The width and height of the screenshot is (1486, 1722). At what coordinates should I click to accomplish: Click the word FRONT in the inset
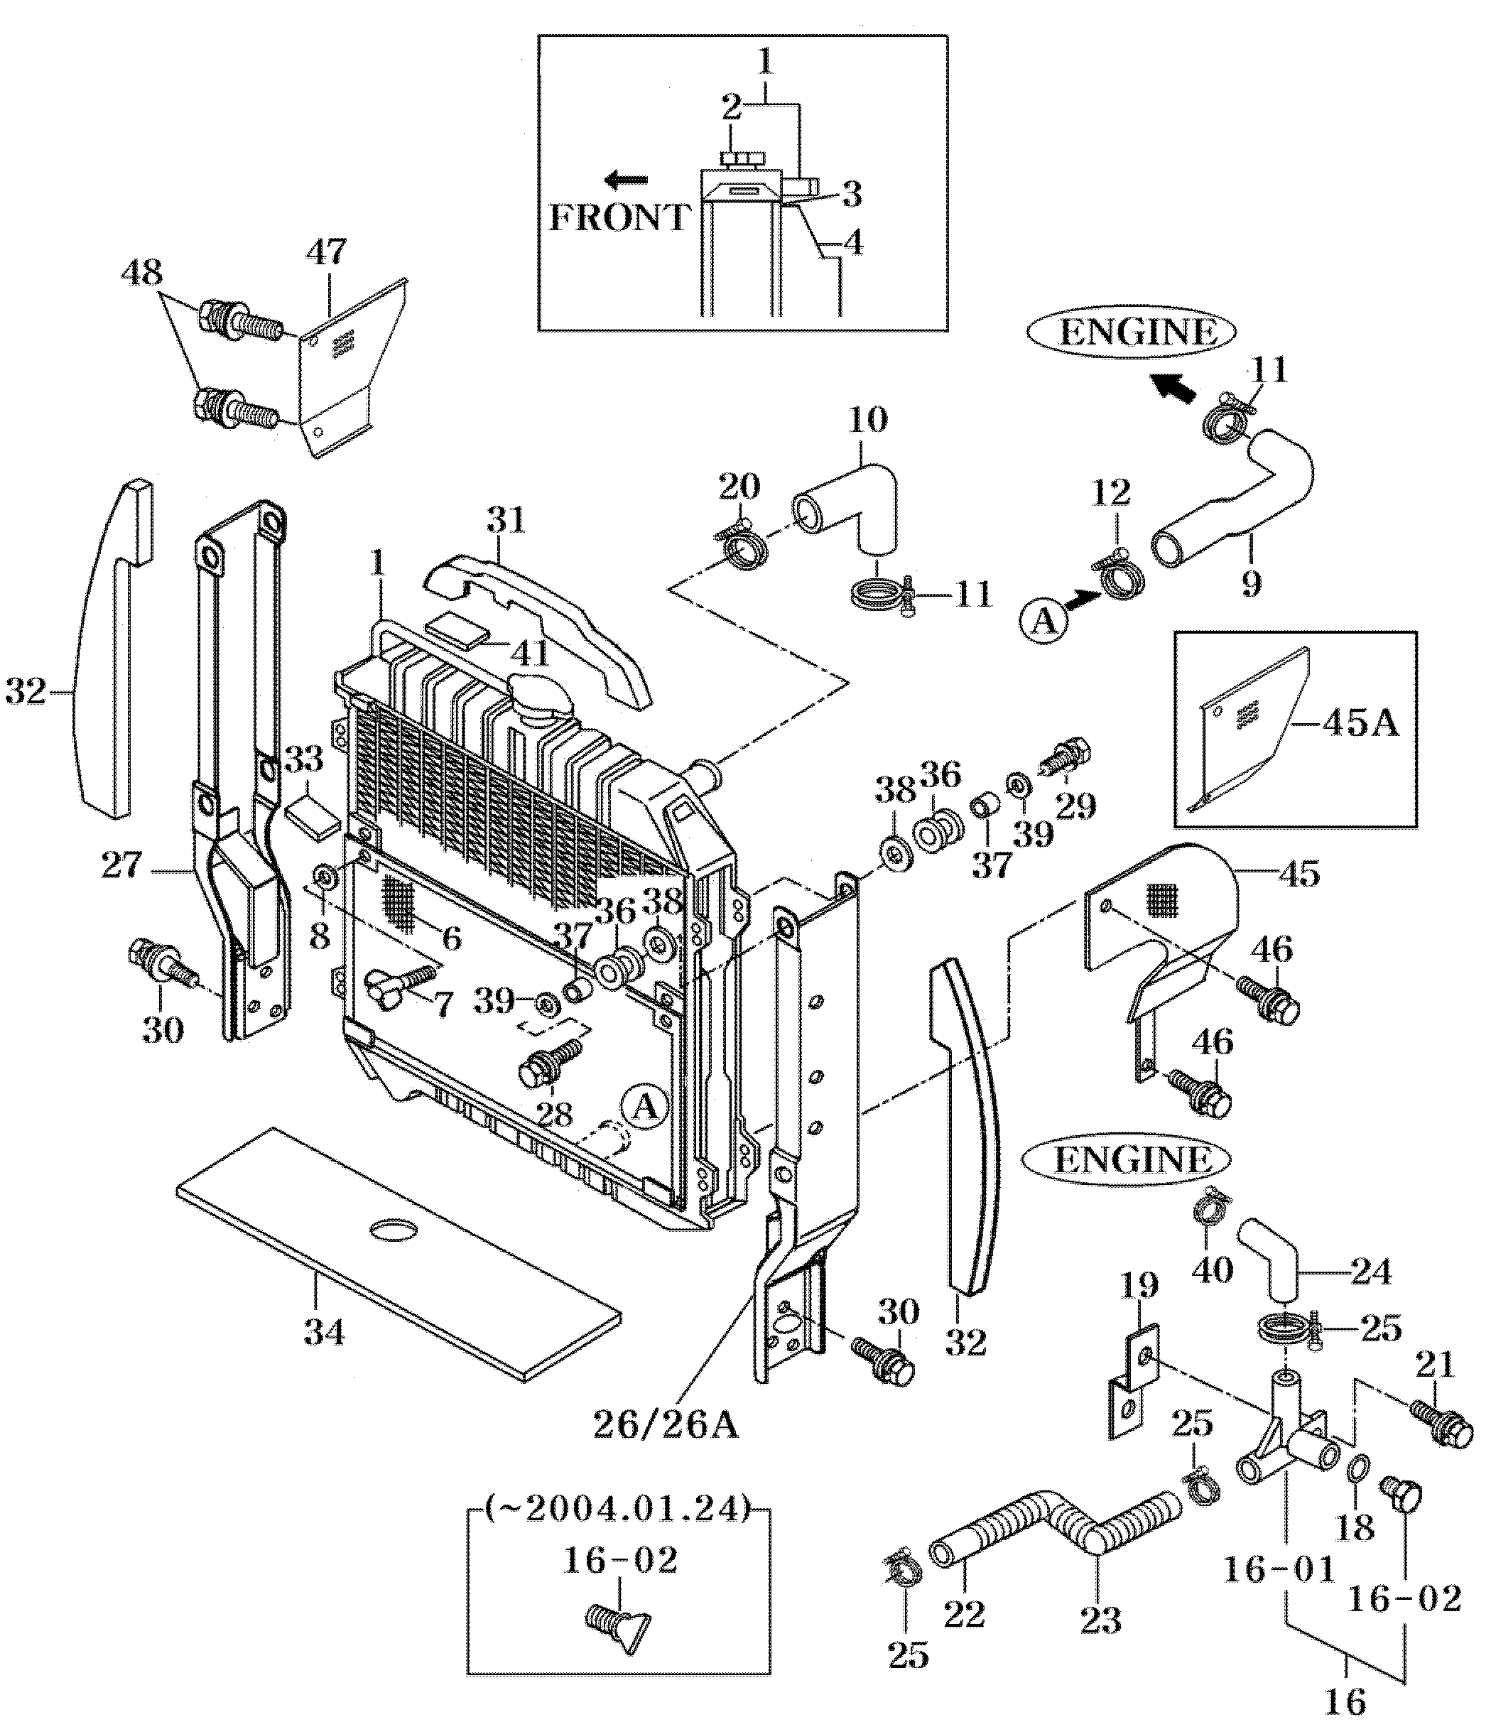(x=619, y=218)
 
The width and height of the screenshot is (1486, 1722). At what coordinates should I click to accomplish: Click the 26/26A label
(x=666, y=1424)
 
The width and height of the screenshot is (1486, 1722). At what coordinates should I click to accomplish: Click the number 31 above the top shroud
(x=506, y=519)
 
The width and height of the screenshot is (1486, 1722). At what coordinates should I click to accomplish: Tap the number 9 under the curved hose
(x=1251, y=583)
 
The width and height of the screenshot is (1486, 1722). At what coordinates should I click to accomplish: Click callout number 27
(x=121, y=866)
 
